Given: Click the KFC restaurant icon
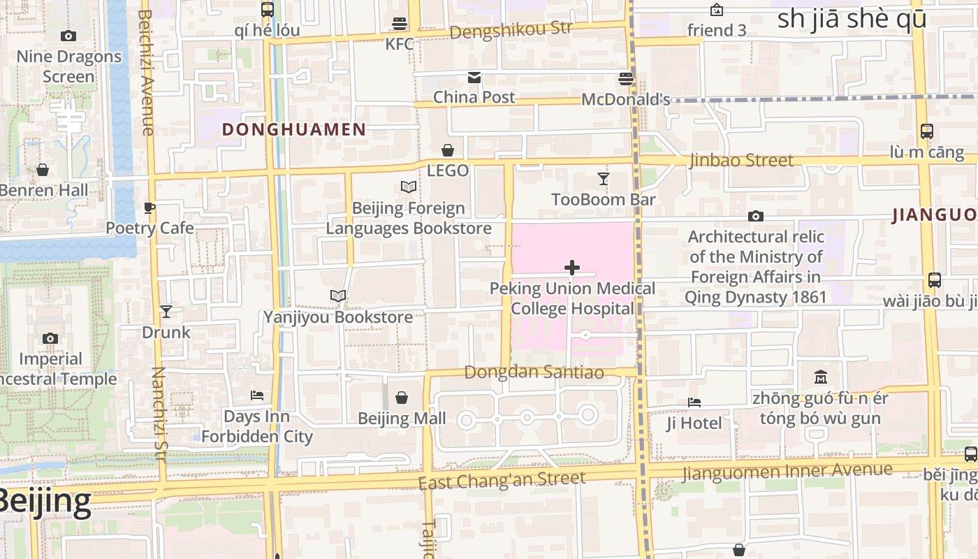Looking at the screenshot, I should coord(400,24).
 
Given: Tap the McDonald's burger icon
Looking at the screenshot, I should coord(626,78).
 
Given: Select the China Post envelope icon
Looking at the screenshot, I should coord(474,77).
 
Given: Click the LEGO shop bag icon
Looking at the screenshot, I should coord(448,150).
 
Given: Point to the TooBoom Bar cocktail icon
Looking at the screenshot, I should coord(604,179).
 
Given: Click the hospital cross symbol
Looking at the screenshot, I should coord(572,268).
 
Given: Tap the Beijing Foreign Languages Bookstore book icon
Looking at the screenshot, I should coord(409,187).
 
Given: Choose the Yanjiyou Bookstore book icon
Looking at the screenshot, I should coord(338,296).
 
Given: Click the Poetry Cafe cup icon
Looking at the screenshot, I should coord(149,208).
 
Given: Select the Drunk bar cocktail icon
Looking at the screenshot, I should coord(166,312).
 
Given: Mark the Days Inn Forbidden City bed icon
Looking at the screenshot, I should coord(257,395).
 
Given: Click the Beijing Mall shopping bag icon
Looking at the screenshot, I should coord(402,398).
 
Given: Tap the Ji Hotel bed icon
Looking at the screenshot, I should coord(694,402).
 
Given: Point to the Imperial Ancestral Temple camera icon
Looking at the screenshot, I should coord(50,339).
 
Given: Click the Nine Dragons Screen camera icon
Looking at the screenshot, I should coord(68,36).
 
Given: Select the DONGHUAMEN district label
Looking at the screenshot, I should coord(294,129).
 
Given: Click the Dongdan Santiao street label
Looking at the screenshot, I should coord(534,372).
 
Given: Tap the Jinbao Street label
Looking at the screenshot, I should coord(741,160).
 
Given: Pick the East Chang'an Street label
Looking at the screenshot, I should coord(502,481).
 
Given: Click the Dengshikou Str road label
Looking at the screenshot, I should coord(511,30).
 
